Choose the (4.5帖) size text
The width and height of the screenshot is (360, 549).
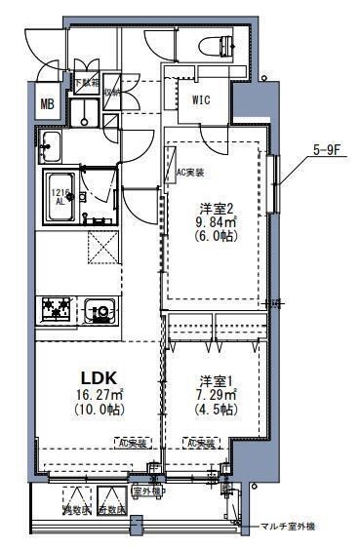click(213, 411)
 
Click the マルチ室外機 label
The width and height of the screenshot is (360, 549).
click(288, 527)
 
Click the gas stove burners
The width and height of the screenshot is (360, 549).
click(56, 309)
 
